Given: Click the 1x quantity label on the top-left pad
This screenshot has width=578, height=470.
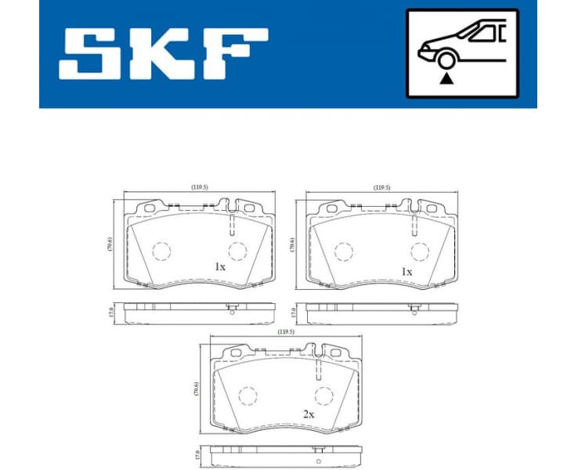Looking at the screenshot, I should coord(220,266).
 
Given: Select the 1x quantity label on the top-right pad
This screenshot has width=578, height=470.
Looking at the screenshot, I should coord(406,271).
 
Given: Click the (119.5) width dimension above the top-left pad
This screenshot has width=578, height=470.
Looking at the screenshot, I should coord(199,187).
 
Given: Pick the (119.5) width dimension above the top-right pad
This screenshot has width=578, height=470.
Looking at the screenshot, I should coord(381,188).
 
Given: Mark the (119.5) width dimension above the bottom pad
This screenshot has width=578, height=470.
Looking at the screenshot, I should coord(285,331).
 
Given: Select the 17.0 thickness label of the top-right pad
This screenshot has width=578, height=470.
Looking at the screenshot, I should coord(294,313).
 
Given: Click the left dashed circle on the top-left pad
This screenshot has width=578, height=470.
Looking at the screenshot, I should coord(161,251).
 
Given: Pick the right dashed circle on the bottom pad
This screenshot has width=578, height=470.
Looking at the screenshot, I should coord(323,396).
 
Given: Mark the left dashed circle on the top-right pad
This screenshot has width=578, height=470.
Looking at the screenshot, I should coord(343,251).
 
